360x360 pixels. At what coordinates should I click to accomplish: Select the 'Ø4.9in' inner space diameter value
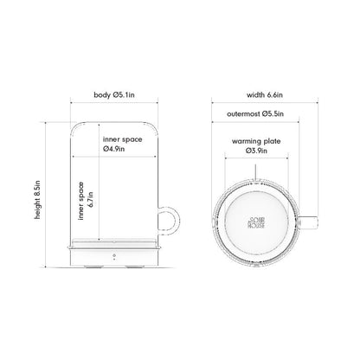[115, 148]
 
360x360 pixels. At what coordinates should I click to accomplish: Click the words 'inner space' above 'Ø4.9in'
[122, 138]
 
